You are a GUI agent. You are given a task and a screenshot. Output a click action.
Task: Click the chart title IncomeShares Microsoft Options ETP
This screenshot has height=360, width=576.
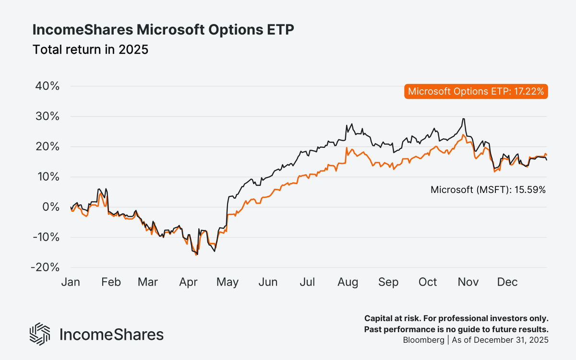(x=163, y=30)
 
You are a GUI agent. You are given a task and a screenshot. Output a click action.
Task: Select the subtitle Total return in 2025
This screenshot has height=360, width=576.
(x=90, y=49)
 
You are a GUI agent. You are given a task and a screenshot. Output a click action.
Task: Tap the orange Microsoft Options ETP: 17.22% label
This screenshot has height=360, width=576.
(x=475, y=92)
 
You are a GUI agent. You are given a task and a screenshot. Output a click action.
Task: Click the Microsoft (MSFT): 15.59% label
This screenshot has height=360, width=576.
(x=488, y=190)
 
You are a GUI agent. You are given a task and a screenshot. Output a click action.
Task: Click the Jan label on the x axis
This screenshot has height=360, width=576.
(x=71, y=282)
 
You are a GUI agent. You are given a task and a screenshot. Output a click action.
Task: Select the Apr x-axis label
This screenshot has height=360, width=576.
(x=188, y=282)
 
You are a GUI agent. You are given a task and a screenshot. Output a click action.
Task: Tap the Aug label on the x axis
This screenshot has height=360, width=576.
(x=348, y=282)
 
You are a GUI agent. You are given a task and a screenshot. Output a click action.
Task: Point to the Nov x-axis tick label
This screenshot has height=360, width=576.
(x=468, y=282)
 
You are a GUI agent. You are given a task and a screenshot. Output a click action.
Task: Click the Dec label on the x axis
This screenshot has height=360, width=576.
(x=507, y=282)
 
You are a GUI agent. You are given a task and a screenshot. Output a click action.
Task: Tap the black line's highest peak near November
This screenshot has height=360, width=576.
(x=463, y=119)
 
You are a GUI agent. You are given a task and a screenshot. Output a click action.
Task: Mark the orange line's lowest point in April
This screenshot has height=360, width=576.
(x=196, y=255)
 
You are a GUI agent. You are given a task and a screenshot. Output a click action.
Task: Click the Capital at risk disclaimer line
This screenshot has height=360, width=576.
(x=456, y=319)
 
